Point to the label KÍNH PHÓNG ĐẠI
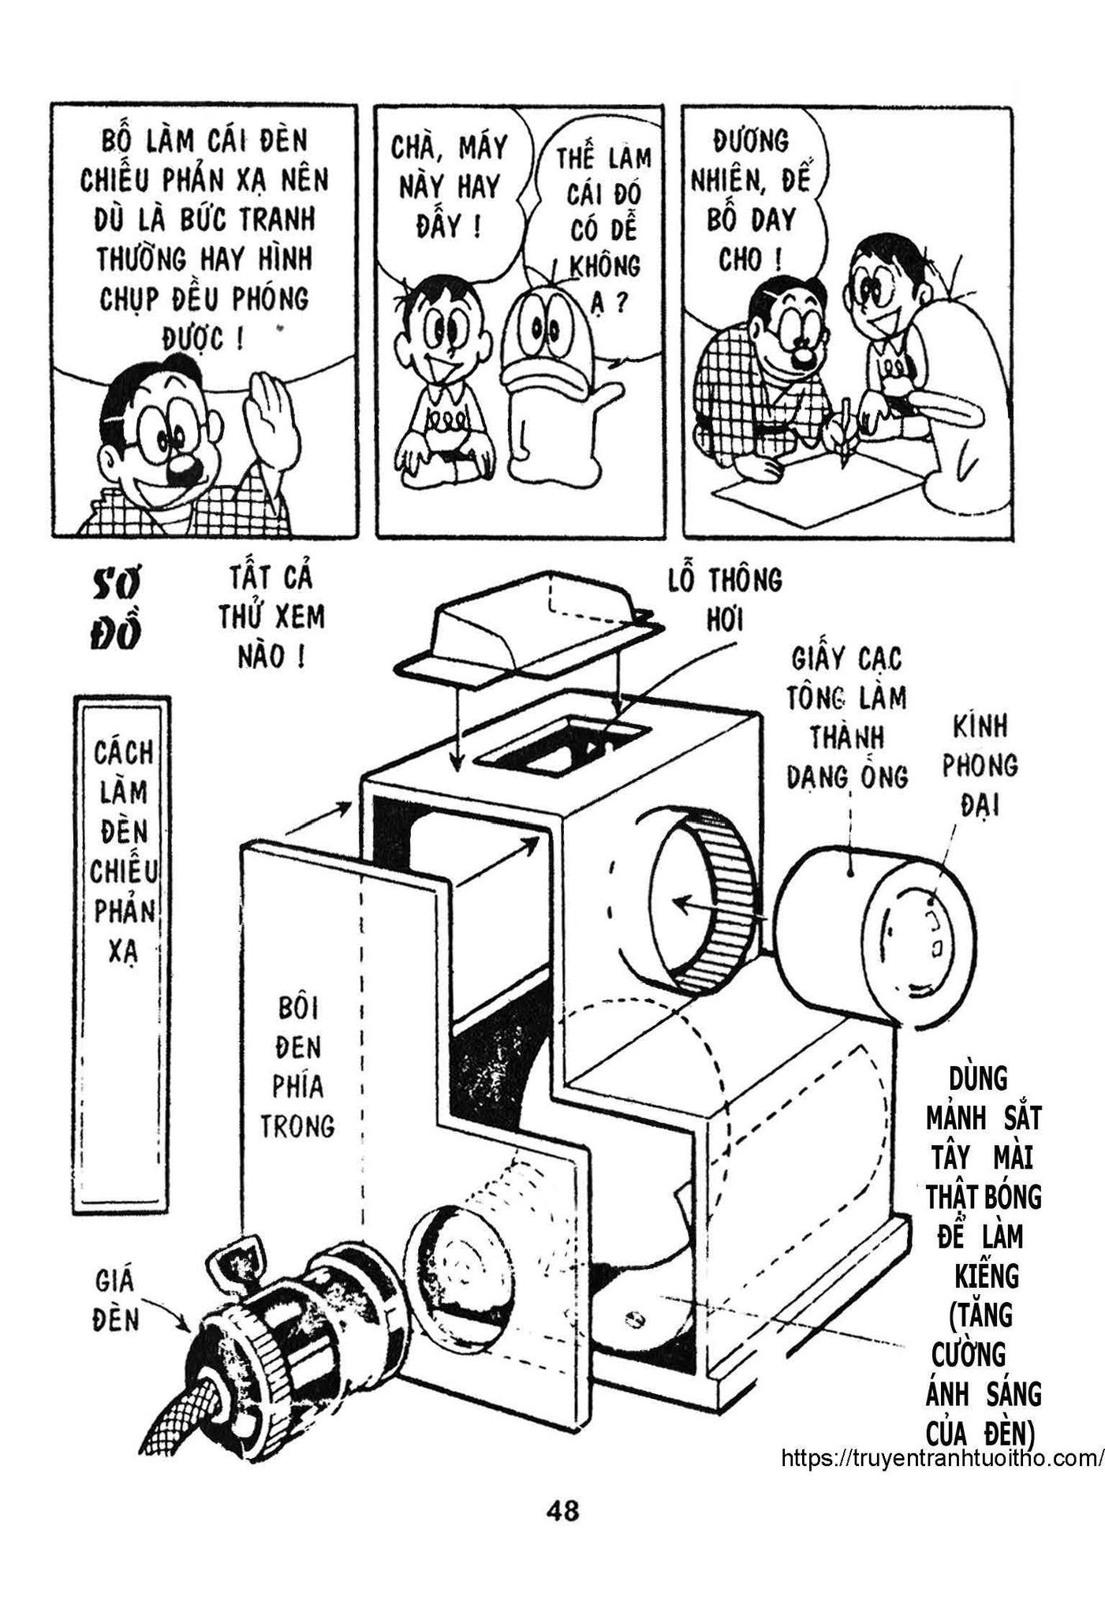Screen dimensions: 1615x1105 pos(979,765)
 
